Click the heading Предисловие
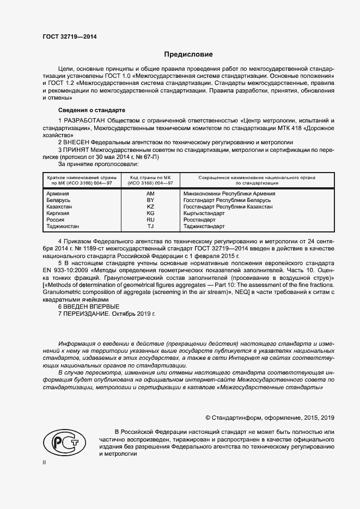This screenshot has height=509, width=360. coord(188,54)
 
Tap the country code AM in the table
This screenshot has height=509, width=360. coord(151,193)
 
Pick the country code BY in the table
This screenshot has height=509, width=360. coord(151,200)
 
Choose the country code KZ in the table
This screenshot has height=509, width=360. coord(151,207)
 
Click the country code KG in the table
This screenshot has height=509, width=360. coord(151,213)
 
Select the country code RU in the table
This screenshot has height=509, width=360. coord(151,220)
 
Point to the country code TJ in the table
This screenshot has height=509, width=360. coord(151,226)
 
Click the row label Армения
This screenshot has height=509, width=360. coord(58,193)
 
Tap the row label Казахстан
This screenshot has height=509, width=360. coord(59,207)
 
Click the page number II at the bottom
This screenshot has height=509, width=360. coord(45,462)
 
